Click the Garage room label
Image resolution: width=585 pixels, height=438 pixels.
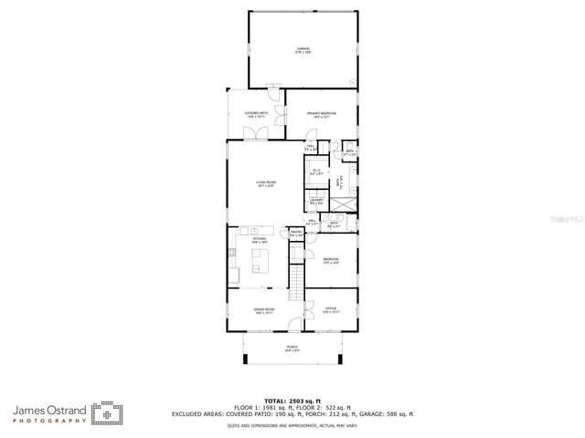302,50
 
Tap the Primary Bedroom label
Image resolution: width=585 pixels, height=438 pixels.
321,115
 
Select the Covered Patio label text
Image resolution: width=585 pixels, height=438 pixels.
255,115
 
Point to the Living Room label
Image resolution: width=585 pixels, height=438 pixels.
265,184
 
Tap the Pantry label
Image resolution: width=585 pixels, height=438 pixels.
296,234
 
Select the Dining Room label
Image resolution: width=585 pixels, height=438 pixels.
265,311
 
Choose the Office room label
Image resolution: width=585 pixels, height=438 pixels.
331,311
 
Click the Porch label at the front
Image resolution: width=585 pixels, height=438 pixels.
292,349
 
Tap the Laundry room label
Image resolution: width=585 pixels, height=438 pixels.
316,202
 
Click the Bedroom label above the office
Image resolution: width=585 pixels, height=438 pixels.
331,262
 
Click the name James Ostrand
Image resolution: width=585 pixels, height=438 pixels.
50,408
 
